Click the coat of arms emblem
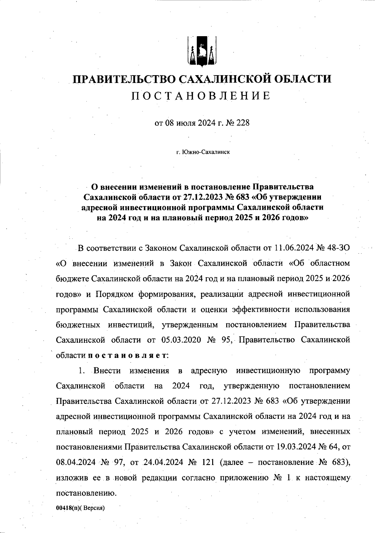(202, 51)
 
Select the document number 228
(243, 123)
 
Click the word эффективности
(260, 309)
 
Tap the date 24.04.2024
(162, 462)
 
